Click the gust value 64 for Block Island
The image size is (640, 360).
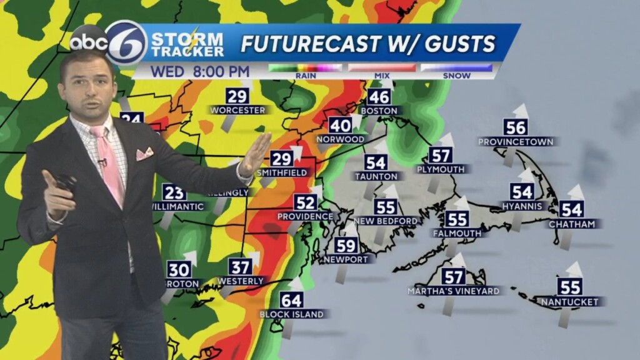[291, 300]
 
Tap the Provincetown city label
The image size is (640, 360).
[516, 142]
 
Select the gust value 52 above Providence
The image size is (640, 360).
[305, 202]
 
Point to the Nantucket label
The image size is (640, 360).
[570, 302]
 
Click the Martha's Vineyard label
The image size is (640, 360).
[453, 291]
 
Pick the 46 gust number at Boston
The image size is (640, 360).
[379, 97]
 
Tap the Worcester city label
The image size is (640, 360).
[237, 110]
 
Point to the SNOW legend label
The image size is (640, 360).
[456, 76]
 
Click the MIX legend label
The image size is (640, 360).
[381, 76]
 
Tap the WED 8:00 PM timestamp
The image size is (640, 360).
[200, 71]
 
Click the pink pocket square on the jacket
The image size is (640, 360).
[145, 153]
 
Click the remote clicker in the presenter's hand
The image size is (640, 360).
[66, 183]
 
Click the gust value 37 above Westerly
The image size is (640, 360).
[240, 267]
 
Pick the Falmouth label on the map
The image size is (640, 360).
[457, 233]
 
